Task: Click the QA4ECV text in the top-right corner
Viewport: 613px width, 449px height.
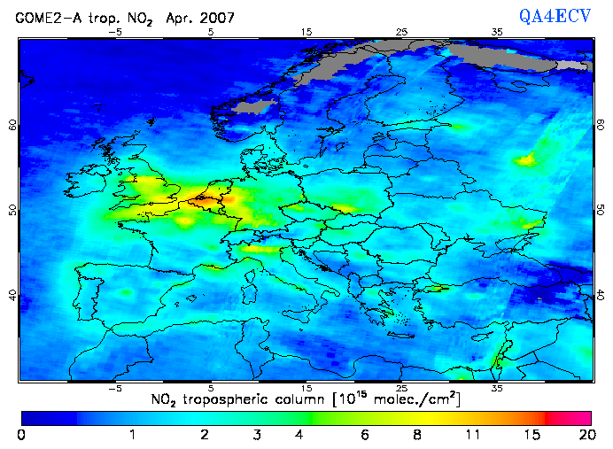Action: tap(563, 15)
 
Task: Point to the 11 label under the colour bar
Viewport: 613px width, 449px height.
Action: tap(476, 435)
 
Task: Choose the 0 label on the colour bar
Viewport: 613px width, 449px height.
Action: tap(20, 435)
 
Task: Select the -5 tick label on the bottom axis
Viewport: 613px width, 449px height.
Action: tap(113, 388)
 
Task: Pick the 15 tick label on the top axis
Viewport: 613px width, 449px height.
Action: tap(307, 33)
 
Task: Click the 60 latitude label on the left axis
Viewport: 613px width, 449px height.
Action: tap(12, 125)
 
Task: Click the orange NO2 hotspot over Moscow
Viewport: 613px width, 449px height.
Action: tap(529, 159)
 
